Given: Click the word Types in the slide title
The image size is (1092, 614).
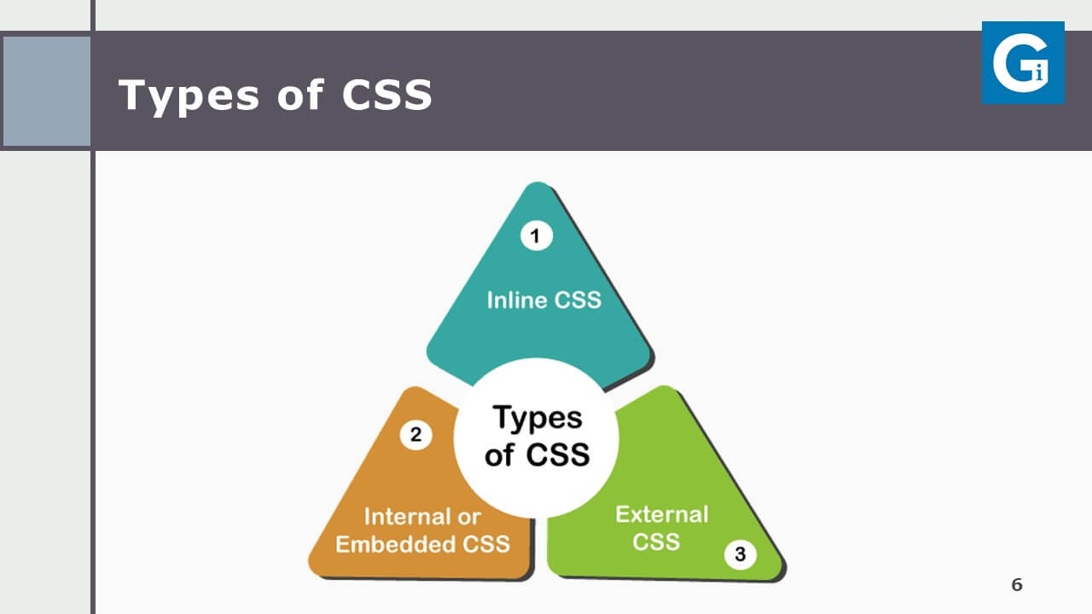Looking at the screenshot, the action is [x=189, y=96].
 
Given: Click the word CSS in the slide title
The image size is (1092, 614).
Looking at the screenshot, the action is [x=387, y=95].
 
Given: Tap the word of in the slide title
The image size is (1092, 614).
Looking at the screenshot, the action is [x=299, y=94].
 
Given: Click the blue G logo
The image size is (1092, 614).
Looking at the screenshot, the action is [x=1023, y=62].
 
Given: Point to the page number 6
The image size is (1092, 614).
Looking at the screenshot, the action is [x=1017, y=584].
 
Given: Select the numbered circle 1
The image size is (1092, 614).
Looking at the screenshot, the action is [x=537, y=236].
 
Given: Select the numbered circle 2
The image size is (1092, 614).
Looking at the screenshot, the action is [x=415, y=434].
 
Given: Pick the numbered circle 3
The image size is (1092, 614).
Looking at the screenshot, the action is [x=740, y=553].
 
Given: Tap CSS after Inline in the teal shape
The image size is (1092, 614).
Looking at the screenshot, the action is [x=578, y=299].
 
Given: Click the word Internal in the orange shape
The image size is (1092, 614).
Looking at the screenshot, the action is [x=408, y=517].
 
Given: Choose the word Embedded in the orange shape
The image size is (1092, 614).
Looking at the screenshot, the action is [x=395, y=544].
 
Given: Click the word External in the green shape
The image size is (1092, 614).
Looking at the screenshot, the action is [x=661, y=514].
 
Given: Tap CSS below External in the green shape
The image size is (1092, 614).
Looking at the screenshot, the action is [x=656, y=542].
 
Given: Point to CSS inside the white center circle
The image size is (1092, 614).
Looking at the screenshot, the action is [x=558, y=455].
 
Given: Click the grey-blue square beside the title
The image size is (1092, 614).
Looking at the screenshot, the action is [x=46, y=91].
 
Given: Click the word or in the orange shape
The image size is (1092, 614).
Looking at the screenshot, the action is [x=469, y=518].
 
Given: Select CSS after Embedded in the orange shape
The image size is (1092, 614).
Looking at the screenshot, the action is [x=485, y=544].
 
